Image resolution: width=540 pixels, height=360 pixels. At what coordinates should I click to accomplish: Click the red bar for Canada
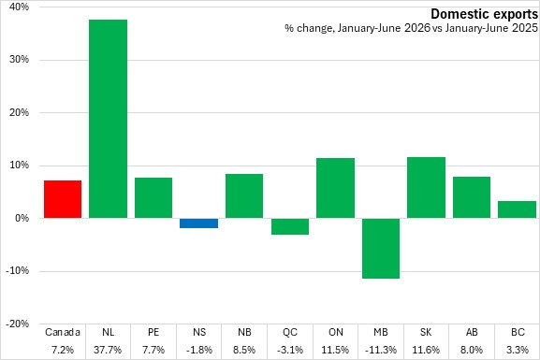tap(63, 199)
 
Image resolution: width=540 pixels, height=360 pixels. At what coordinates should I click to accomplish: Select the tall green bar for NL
tap(109, 119)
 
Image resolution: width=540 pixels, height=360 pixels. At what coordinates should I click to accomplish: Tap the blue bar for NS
tap(198, 223)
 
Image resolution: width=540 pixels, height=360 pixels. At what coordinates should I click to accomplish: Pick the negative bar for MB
tap(381, 248)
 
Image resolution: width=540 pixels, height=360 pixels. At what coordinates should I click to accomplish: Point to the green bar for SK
tap(426, 188)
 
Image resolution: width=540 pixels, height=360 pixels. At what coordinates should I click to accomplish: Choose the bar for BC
tap(517, 209)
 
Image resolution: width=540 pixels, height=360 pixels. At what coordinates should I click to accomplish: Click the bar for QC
tap(290, 226)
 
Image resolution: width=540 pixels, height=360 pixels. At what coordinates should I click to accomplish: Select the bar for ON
tap(335, 188)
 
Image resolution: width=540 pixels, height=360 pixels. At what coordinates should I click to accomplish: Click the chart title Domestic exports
tap(484, 14)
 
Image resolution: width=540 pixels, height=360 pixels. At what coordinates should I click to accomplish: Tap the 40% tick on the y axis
tap(19, 7)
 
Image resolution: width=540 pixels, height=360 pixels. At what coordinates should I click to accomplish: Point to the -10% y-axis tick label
tap(17, 271)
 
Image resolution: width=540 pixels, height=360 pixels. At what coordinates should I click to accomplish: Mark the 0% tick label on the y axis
tap(22, 218)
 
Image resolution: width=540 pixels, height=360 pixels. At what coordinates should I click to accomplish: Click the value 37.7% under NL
tap(108, 350)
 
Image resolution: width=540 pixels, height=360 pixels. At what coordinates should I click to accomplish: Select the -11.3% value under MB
tap(381, 350)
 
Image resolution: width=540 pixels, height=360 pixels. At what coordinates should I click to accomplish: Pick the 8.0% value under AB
tap(472, 350)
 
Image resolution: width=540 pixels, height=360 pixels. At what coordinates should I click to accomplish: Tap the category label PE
tap(153, 332)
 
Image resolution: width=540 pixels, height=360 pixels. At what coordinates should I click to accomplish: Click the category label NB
tap(244, 332)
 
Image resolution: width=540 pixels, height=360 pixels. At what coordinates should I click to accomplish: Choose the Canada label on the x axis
tap(63, 332)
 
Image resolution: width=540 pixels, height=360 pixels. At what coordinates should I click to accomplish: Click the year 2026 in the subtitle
tap(417, 28)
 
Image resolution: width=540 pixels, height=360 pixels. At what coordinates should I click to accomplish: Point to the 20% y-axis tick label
tap(19, 112)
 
